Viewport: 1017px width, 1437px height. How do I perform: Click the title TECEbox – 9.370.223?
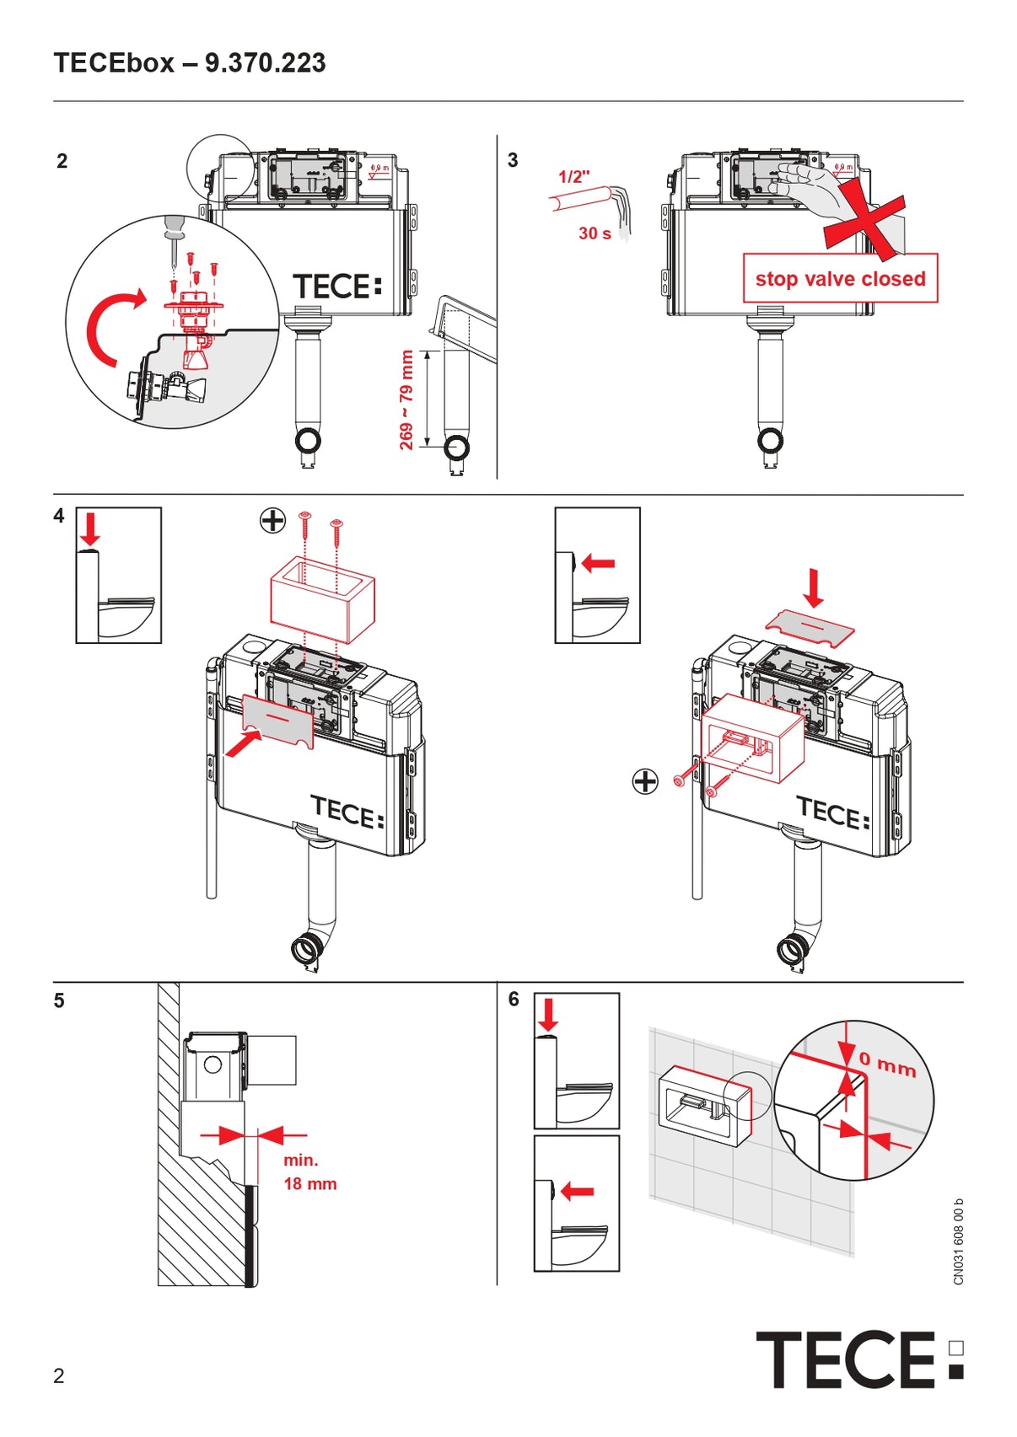click(x=190, y=63)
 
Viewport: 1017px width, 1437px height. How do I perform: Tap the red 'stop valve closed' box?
click(x=840, y=279)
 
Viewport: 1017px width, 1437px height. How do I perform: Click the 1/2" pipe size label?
click(x=574, y=177)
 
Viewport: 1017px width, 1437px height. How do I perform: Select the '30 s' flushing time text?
click(x=595, y=233)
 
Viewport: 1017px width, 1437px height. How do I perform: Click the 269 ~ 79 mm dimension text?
click(x=406, y=399)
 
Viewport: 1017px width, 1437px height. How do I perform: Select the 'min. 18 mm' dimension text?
click(x=309, y=1172)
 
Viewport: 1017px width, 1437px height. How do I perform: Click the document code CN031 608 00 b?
click(x=959, y=1241)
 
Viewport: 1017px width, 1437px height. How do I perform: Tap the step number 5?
click(x=59, y=1000)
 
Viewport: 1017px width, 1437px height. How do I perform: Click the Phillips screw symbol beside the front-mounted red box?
click(x=645, y=781)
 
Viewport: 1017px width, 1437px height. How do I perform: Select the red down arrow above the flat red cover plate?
click(x=814, y=587)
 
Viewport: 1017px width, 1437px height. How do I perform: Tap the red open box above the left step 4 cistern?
click(x=321, y=598)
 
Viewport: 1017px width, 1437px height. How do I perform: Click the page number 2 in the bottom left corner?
click(x=58, y=1376)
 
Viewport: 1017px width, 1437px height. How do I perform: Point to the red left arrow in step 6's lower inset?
click(x=578, y=1191)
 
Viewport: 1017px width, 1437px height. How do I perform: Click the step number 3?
click(x=513, y=160)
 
